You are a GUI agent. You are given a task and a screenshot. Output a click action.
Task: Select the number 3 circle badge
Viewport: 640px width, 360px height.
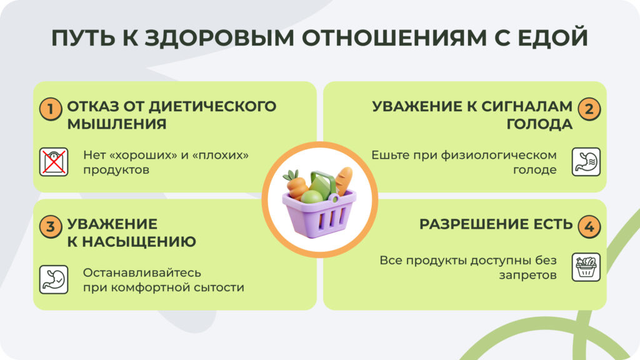point(51,227)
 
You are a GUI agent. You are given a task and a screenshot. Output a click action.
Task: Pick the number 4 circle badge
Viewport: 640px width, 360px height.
point(589,227)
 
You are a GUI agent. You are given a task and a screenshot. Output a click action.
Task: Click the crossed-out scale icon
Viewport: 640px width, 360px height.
point(54,162)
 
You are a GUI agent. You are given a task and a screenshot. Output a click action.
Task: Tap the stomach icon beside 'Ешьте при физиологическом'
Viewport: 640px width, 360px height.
point(586,162)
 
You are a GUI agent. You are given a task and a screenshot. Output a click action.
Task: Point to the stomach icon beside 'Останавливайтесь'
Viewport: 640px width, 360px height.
point(54,279)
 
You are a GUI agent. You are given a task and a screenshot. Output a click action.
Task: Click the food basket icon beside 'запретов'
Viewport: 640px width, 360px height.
point(586,267)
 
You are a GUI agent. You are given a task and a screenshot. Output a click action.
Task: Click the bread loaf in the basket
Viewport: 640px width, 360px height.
point(343,181)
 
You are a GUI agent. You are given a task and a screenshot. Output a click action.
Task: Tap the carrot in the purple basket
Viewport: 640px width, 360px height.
point(297,186)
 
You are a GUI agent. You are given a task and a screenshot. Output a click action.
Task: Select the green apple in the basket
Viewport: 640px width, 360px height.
point(312,197)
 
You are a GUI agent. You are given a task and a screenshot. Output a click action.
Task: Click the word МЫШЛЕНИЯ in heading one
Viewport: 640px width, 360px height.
point(117,124)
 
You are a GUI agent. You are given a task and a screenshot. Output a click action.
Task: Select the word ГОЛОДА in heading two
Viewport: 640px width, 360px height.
point(539,124)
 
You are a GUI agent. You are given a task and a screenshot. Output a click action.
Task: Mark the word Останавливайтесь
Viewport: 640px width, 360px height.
point(142,273)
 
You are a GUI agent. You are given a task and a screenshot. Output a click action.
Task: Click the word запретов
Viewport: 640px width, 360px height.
point(530,275)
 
